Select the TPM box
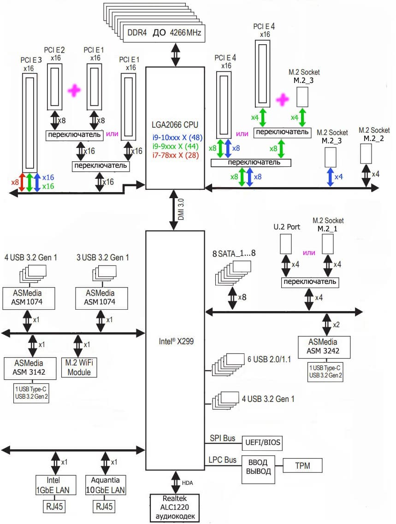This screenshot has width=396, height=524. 302,466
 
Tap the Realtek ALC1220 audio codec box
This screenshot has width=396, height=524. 175,508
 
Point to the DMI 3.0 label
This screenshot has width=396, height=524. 181,210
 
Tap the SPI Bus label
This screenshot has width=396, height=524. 223,438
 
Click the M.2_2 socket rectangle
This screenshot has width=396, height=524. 366,154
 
